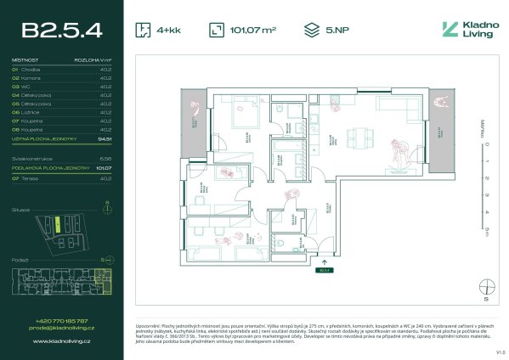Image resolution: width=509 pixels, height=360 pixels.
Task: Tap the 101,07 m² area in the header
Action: (x=255, y=31)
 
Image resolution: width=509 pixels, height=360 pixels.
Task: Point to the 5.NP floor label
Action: (x=337, y=31)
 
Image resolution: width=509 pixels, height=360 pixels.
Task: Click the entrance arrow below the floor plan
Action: (x=323, y=262)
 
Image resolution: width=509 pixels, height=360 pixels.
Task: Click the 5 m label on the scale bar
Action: (x=486, y=229)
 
